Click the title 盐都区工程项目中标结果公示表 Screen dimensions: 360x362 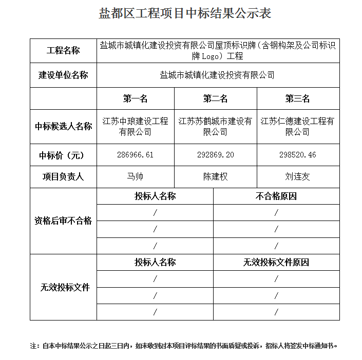click(x=185, y=14)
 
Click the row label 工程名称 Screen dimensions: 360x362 click(x=63, y=51)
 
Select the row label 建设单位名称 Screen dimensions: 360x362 click(x=63, y=75)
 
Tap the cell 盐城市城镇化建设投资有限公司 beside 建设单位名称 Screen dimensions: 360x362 click(x=217, y=75)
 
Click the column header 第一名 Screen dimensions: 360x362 click(x=135, y=98)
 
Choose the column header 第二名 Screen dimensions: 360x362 click(x=215, y=98)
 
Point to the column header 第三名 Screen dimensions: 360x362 click(x=297, y=98)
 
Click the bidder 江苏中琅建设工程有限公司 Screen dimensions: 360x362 click(x=135, y=126)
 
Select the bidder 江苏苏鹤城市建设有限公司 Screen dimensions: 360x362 click(x=215, y=126)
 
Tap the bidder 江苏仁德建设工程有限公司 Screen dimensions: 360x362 click(x=297, y=126)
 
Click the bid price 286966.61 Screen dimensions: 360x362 click(x=135, y=155)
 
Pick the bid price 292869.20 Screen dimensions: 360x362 click(x=215, y=155)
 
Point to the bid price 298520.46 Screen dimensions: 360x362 click(x=297, y=155)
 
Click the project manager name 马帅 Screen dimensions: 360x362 click(x=135, y=177)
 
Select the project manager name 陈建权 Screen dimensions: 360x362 click(x=215, y=177)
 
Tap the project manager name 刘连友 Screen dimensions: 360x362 click(x=297, y=177)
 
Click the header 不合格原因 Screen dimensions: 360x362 click(x=276, y=196)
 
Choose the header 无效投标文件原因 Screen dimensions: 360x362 click(x=276, y=263)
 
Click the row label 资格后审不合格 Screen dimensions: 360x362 click(x=63, y=221)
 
